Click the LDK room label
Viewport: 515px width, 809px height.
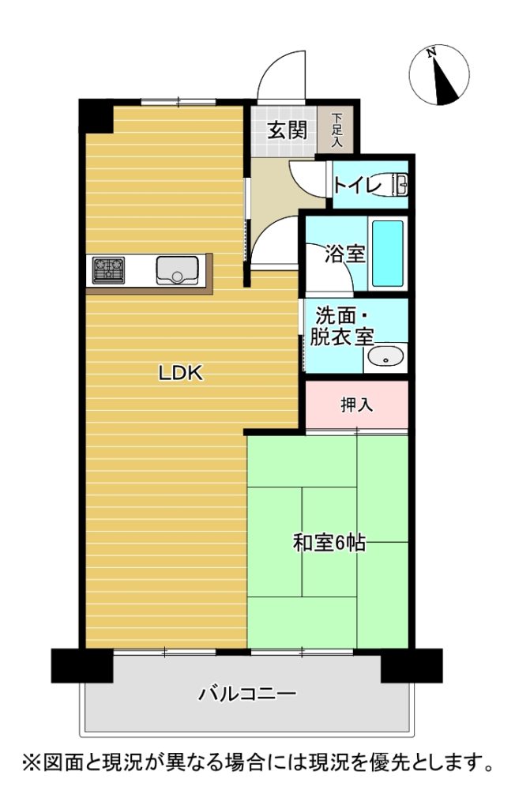pos(181,373)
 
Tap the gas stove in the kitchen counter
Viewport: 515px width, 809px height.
pos(108,270)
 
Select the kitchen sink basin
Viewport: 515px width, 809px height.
pos(178,270)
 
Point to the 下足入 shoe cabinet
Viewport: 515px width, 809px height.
pos(336,130)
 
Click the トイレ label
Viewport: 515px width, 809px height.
pos(357,185)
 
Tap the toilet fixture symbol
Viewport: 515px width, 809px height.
pos(399,185)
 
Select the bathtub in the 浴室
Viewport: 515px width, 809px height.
pos(388,253)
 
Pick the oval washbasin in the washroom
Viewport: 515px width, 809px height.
pos(385,356)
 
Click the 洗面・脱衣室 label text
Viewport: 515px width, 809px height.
pos(341,326)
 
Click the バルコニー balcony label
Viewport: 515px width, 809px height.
pos(248,692)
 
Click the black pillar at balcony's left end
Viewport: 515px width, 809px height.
pos(82,665)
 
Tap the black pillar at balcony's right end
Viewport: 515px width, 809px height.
pos(412,665)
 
